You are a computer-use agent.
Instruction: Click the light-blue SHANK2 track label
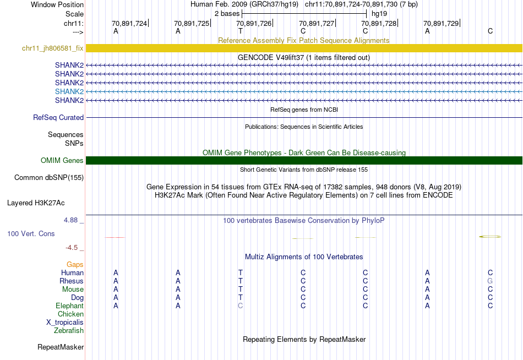click(x=69, y=91)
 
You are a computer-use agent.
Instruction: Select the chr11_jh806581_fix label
click(x=53, y=48)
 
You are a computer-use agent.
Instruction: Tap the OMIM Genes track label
click(x=62, y=161)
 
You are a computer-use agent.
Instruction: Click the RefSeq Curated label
click(x=58, y=117)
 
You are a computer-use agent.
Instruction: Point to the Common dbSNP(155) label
click(x=49, y=177)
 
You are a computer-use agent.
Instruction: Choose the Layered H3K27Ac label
click(x=36, y=203)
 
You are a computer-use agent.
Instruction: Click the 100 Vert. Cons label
click(x=31, y=234)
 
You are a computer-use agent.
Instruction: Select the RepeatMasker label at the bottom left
click(x=61, y=347)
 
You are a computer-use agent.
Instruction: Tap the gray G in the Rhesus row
click(x=490, y=281)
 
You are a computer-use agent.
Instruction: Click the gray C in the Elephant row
click(x=240, y=306)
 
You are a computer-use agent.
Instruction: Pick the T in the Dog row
click(x=240, y=298)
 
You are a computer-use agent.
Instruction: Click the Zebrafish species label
click(x=69, y=331)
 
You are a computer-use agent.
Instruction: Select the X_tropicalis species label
click(x=65, y=323)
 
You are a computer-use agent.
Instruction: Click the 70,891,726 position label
click(x=254, y=24)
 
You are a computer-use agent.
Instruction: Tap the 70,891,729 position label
click(x=441, y=24)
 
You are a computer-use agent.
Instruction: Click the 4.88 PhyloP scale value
click(x=74, y=220)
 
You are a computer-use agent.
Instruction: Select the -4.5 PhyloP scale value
click(x=74, y=248)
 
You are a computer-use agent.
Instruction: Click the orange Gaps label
click(x=75, y=265)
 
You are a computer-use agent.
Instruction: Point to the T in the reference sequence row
click(x=240, y=31)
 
